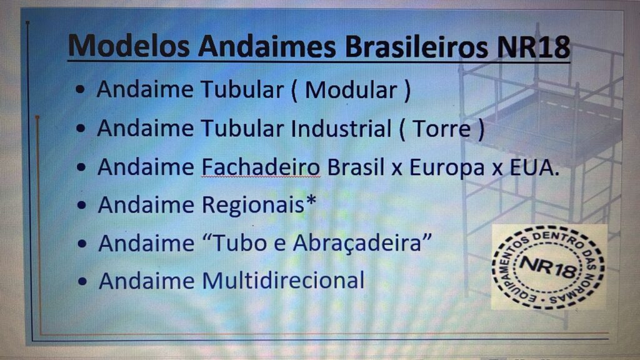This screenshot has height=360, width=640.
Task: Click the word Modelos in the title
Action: (x=129, y=46)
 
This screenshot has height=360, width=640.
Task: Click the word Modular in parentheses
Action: (x=351, y=90)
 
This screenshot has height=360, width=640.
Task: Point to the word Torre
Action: (x=442, y=129)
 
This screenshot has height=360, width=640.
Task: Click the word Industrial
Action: (x=341, y=128)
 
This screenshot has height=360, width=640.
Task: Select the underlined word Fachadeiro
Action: (x=261, y=167)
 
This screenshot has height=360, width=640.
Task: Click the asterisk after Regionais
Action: (x=311, y=200)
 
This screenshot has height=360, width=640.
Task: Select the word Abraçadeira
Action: (x=357, y=243)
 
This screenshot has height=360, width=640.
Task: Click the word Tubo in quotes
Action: (x=238, y=243)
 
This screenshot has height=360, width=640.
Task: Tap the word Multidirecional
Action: (x=283, y=281)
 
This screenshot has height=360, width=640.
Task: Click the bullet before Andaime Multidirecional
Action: (x=82, y=281)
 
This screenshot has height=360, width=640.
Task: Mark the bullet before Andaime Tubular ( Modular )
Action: (x=81, y=89)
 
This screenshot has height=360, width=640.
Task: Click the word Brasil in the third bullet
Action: (x=356, y=167)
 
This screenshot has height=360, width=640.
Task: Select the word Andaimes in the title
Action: (x=267, y=46)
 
